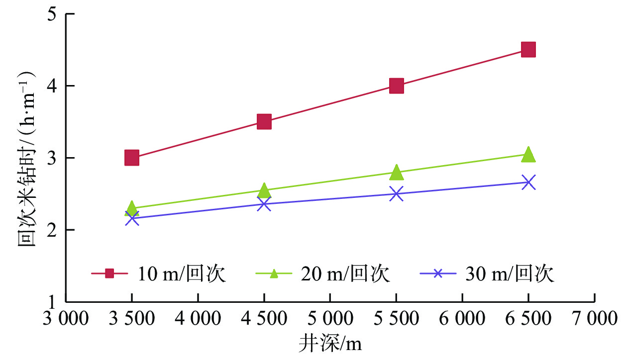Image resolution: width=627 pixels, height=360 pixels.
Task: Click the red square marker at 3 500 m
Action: [131, 158]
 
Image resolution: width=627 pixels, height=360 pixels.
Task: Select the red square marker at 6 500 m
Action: [528, 49]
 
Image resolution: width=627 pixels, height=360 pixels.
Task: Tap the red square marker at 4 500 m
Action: [264, 121]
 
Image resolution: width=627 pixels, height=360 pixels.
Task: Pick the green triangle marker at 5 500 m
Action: [396, 173]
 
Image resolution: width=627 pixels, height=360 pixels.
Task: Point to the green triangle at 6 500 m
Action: [528, 155]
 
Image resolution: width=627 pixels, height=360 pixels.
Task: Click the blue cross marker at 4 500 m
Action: [264, 203]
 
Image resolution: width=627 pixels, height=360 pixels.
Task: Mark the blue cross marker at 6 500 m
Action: [528, 182]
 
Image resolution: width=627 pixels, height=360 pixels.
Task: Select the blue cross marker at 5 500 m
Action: [396, 193]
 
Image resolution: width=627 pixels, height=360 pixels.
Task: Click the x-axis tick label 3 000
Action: [66, 318]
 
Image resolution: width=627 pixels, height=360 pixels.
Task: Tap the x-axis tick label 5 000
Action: [330, 318]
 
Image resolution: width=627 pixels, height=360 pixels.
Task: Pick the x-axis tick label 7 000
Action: [594, 318]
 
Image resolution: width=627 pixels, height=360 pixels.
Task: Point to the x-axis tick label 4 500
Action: [264, 318]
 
